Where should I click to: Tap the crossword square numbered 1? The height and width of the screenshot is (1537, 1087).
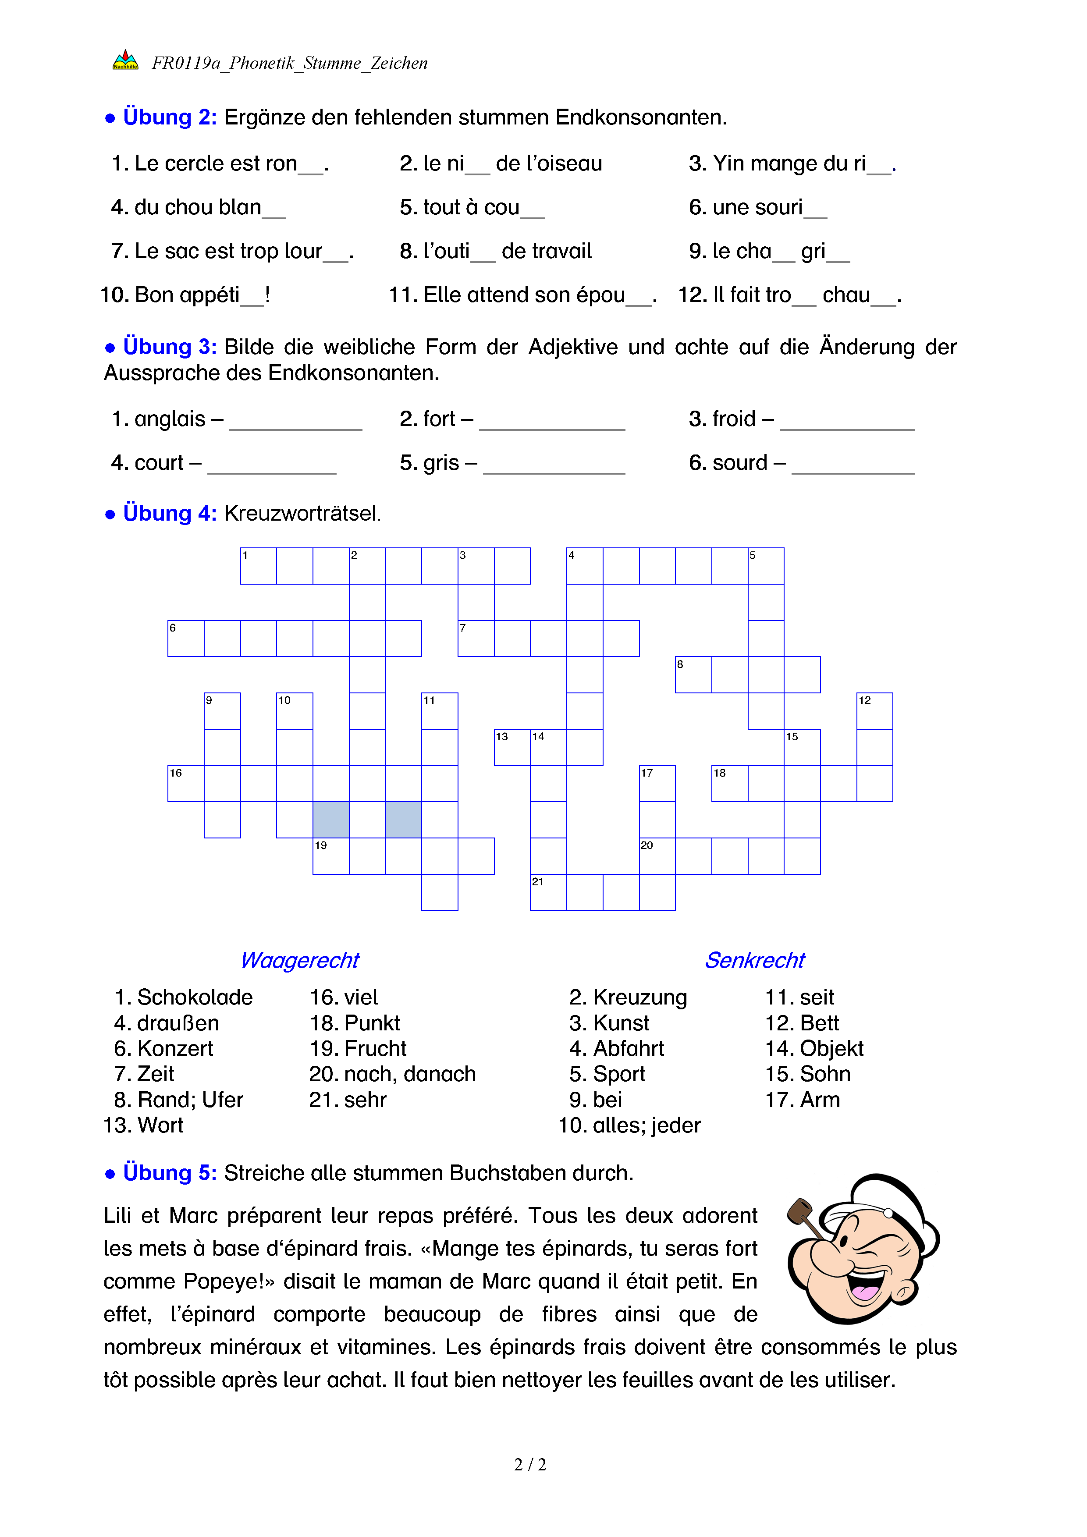tap(258, 566)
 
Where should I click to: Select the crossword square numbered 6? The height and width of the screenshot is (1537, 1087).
tap(185, 639)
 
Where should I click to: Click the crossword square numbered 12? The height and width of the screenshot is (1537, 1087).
tap(874, 711)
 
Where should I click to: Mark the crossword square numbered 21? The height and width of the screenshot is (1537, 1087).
tap(548, 892)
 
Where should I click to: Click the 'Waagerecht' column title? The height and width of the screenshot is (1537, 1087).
tap(300, 960)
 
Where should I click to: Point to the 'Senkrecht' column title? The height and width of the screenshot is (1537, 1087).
tap(754, 960)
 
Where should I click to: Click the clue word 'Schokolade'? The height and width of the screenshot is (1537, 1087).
tap(195, 997)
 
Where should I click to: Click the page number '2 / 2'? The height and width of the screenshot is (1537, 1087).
tap(529, 1465)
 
